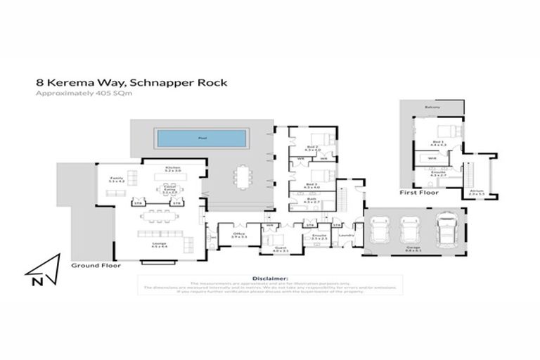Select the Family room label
pyautogui.click(x=117, y=179)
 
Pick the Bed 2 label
pyautogui.click(x=312, y=148)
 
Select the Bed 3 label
pyautogui.click(x=312, y=186)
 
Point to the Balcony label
pyautogui.click(x=432, y=107)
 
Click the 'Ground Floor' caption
pyautogui.click(x=95, y=266)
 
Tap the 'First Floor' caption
pyautogui.click(x=418, y=192)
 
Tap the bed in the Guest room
pyautogui.click(x=271, y=240)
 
